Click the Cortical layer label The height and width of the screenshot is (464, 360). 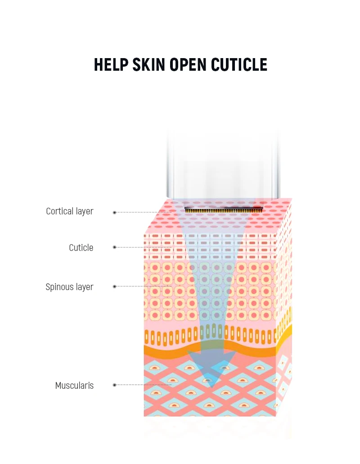69,211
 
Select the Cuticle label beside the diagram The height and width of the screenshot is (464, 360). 81,248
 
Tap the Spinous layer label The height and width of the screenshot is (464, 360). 69,287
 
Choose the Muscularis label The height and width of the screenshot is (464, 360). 74,386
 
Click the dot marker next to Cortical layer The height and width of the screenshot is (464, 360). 115,212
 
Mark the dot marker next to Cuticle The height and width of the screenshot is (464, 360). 115,247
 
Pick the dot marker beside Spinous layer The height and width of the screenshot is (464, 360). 115,287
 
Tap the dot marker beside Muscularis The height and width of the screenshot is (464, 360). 115,385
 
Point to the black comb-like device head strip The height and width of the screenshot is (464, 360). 224,209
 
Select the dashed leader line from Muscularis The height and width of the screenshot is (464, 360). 144,385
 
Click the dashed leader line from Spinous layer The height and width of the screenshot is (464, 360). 144,287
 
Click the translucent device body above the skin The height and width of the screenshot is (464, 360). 223,167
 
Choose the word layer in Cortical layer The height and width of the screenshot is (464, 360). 84,211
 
